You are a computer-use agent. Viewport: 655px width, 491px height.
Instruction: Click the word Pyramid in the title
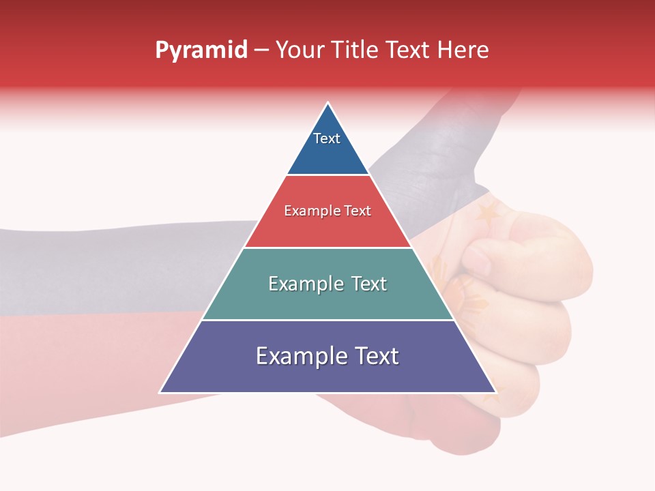coord(201,50)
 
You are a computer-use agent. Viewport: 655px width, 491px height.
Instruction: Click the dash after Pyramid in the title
coord(261,50)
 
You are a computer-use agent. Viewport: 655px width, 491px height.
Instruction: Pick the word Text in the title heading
coord(409,50)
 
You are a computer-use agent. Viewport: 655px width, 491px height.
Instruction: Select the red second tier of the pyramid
coord(328,228)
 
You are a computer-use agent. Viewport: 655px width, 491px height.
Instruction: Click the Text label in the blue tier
coord(327,138)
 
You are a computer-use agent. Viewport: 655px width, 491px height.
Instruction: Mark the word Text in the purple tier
coord(375,356)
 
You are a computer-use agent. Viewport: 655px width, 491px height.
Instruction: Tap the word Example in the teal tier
coord(305,284)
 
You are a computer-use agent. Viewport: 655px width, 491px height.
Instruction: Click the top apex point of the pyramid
coord(328,102)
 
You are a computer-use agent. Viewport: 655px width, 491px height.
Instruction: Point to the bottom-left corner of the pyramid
coord(160,393)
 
